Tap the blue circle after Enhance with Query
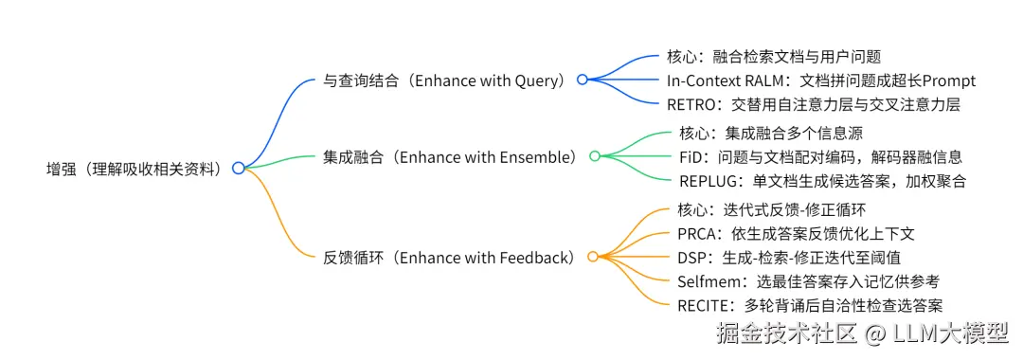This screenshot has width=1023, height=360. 583,80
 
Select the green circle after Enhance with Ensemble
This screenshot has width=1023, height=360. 594,156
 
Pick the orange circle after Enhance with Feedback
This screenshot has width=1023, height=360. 592,257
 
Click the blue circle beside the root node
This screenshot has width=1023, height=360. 238,169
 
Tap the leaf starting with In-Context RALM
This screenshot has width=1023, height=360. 820,81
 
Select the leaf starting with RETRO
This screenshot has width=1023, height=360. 804,103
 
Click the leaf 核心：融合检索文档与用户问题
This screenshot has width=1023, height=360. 775,57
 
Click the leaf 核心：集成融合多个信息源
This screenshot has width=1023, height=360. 771,134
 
